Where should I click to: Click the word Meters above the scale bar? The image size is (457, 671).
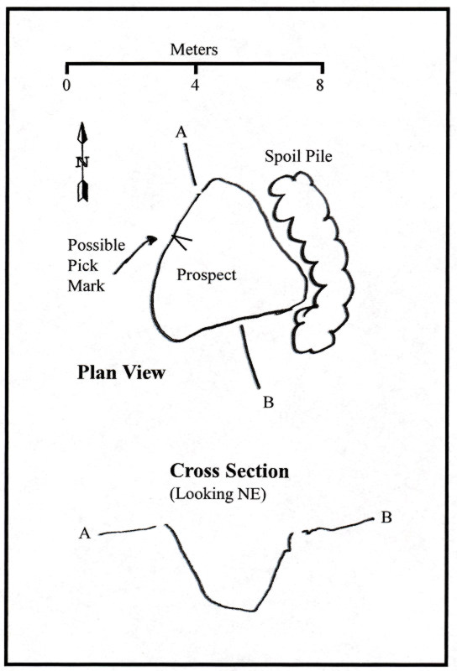click(x=194, y=49)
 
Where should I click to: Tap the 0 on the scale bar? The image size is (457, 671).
click(x=66, y=86)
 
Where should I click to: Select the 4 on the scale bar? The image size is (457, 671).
click(x=195, y=86)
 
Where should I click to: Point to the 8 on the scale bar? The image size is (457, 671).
click(x=320, y=86)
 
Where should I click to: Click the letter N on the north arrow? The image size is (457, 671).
click(x=82, y=162)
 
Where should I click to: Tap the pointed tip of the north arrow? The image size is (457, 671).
click(x=81, y=123)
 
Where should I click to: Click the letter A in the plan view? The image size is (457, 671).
click(x=181, y=133)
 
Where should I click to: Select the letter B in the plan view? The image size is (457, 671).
click(x=268, y=403)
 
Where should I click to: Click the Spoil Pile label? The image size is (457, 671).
click(x=298, y=156)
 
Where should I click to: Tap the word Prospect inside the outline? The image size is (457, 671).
click(x=207, y=275)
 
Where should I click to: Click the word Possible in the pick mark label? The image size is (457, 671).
click(x=97, y=245)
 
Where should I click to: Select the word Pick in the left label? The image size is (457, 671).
click(x=82, y=265)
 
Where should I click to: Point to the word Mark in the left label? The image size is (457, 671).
click(x=87, y=286)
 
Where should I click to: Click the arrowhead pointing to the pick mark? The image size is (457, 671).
click(x=152, y=240)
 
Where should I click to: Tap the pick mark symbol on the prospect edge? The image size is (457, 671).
click(x=181, y=242)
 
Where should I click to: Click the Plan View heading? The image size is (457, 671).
click(x=121, y=372)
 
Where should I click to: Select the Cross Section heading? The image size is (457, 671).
click(x=229, y=471)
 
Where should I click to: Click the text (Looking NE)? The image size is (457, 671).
click(x=218, y=495)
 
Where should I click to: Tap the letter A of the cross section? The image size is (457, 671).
click(x=85, y=533)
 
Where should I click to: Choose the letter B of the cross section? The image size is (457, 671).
click(x=386, y=518)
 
